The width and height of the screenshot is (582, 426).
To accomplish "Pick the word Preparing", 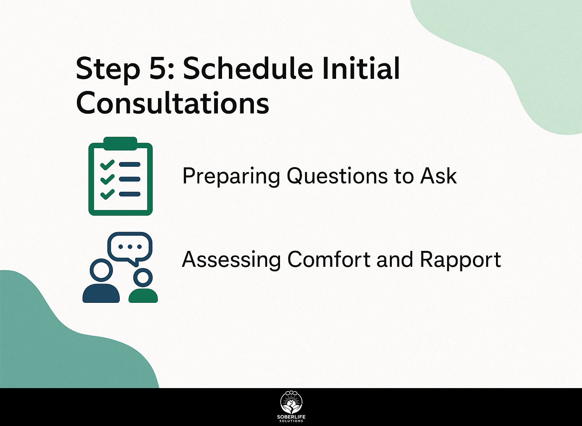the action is click(231, 177).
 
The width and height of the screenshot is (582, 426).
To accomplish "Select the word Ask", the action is click(439, 176).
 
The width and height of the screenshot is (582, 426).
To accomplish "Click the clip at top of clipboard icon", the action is click(120, 144).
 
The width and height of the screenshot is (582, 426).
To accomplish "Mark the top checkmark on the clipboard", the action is click(107, 164).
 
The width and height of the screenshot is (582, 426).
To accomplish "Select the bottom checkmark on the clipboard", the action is click(107, 194).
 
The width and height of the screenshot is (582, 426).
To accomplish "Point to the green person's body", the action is click(143, 296).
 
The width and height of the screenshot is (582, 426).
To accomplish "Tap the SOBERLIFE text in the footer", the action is click(291, 417).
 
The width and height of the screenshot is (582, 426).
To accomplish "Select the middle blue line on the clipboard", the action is click(130, 179).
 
